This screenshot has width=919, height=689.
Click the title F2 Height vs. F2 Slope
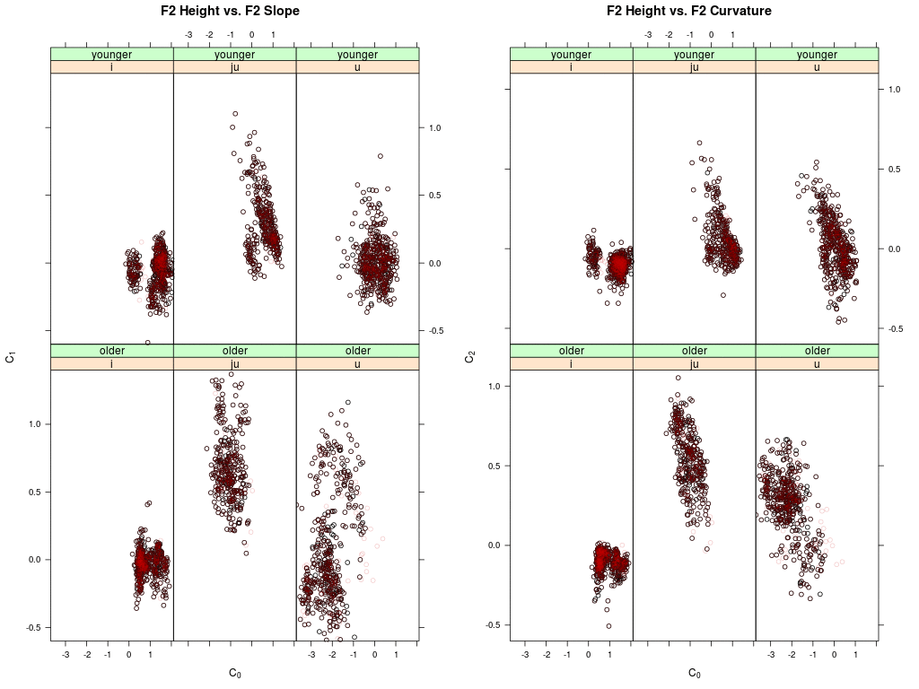click(230, 12)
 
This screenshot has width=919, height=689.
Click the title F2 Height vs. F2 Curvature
click(689, 12)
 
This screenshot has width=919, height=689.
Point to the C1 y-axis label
click(11, 357)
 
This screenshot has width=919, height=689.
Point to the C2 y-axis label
click(470, 357)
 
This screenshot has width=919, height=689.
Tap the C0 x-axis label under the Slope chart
click(235, 673)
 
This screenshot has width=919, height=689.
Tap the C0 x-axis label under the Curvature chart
click(694, 673)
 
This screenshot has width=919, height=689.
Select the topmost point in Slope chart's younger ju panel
click(235, 114)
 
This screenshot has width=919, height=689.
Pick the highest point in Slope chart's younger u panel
click(381, 156)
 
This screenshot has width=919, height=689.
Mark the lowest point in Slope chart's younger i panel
click(148, 343)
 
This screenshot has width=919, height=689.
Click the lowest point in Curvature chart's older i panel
click(608, 626)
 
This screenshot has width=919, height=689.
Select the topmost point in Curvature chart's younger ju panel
click(699, 143)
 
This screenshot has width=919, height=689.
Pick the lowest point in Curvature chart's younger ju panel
click(722, 295)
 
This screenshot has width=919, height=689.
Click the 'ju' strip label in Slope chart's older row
click(234, 363)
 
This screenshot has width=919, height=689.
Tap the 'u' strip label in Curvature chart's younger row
click(817, 67)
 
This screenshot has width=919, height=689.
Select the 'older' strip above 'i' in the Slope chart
click(112, 350)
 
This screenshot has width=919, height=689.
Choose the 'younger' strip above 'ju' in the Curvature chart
click(694, 54)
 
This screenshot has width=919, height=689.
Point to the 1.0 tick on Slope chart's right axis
click(433, 128)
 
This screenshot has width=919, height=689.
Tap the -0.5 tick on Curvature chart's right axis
click(894, 328)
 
